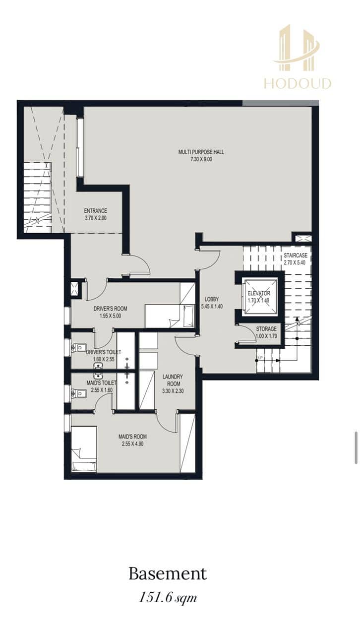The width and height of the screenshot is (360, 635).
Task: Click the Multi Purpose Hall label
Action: [201, 152]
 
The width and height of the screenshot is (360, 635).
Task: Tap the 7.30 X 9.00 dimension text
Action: [201, 159]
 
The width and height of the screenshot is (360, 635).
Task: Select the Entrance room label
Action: [96, 211]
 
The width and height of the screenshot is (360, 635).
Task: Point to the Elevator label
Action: [259, 293]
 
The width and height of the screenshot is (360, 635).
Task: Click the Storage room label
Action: [266, 329]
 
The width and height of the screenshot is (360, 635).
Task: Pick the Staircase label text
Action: [296, 255]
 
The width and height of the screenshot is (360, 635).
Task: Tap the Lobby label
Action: [212, 299]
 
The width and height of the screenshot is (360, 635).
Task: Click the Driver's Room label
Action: [110, 309]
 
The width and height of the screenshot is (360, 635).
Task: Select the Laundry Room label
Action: [173, 380]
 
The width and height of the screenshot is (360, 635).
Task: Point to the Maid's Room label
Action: [133, 437]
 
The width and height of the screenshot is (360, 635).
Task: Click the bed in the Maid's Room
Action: [84, 449]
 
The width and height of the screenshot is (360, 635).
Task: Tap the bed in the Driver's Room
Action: [170, 316]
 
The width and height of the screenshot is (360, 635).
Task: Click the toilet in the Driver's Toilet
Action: [79, 347]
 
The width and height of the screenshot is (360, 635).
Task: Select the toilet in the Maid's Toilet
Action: [79, 393]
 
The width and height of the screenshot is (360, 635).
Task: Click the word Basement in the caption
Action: [168, 573]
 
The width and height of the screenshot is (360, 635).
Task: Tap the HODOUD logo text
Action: [298, 84]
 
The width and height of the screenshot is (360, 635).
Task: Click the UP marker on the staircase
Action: [260, 358]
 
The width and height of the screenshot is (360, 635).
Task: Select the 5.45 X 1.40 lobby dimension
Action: [212, 306]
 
